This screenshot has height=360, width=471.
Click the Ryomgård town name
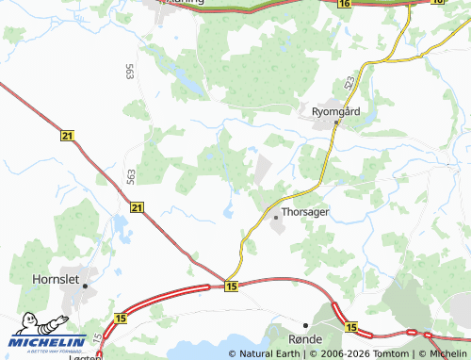pos(337,109)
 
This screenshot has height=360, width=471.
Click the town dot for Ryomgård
pos(335,121)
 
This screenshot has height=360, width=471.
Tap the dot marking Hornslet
pos(85,284)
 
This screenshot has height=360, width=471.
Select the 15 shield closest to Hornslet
pos(120,321)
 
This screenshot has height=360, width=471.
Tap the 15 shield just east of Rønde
pos(351,327)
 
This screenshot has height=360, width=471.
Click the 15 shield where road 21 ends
pos(232,286)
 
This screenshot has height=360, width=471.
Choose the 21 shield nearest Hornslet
pos(138,206)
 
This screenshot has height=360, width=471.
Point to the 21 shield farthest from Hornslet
pos(66,137)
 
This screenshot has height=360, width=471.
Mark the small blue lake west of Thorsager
pos(229,211)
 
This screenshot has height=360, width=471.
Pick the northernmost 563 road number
pos(128,71)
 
